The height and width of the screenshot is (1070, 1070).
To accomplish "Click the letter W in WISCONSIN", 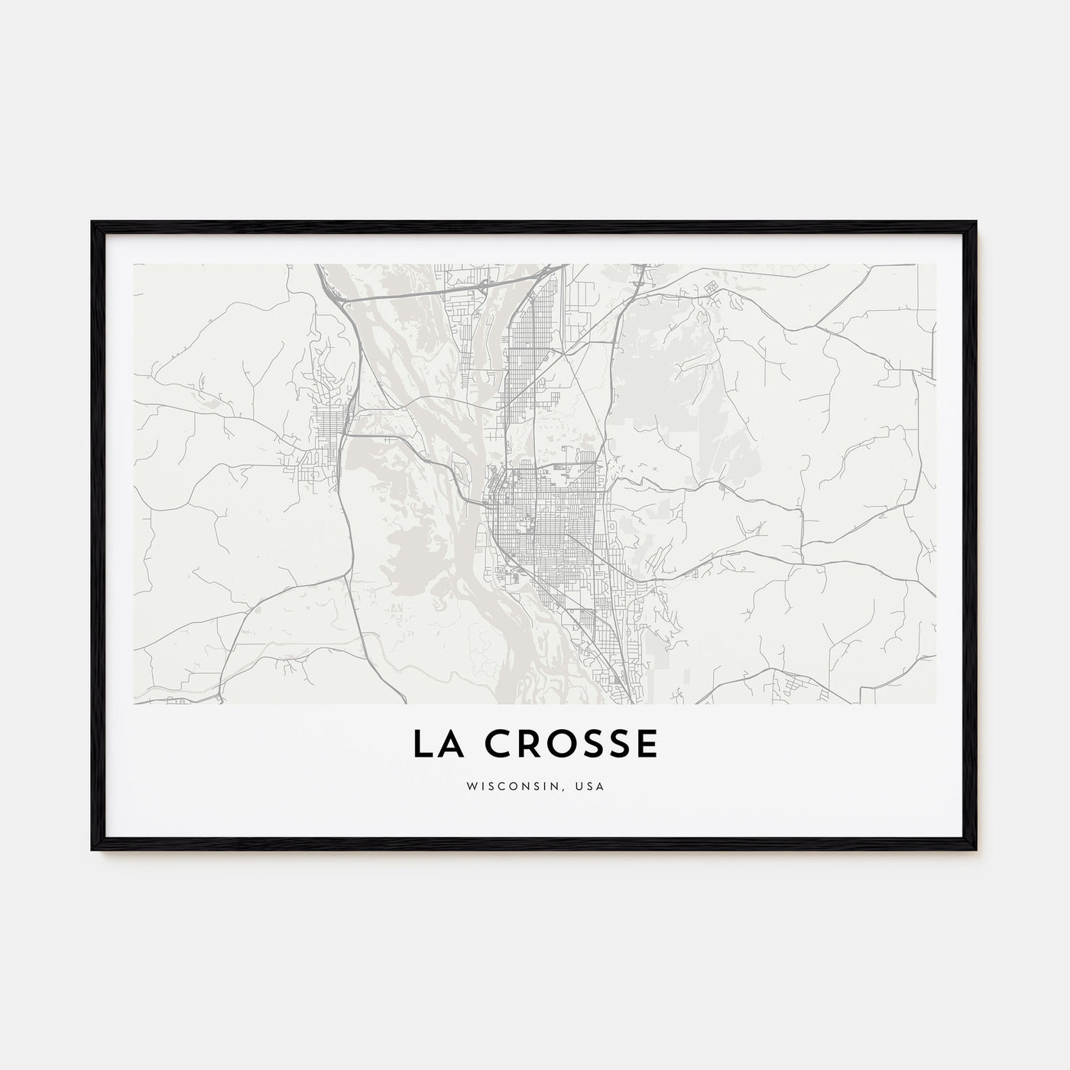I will pyautogui.click(x=471, y=786).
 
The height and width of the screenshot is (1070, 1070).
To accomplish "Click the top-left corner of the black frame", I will pyautogui.click(x=92, y=222).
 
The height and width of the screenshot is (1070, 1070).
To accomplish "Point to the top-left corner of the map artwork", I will pyautogui.click(x=134, y=264).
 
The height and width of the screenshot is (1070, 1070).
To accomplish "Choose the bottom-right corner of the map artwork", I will pyautogui.click(x=935, y=704).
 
